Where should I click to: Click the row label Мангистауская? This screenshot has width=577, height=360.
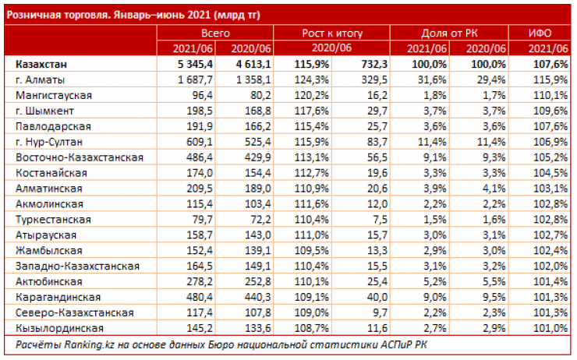[53, 95]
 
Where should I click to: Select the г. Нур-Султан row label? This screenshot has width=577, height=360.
[54, 142]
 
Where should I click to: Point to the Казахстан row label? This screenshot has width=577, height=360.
[44, 65]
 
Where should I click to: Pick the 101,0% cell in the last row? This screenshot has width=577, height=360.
[547, 329]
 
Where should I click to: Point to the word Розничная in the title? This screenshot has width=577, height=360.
[34, 13]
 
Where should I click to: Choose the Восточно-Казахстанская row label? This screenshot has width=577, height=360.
[79, 157]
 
